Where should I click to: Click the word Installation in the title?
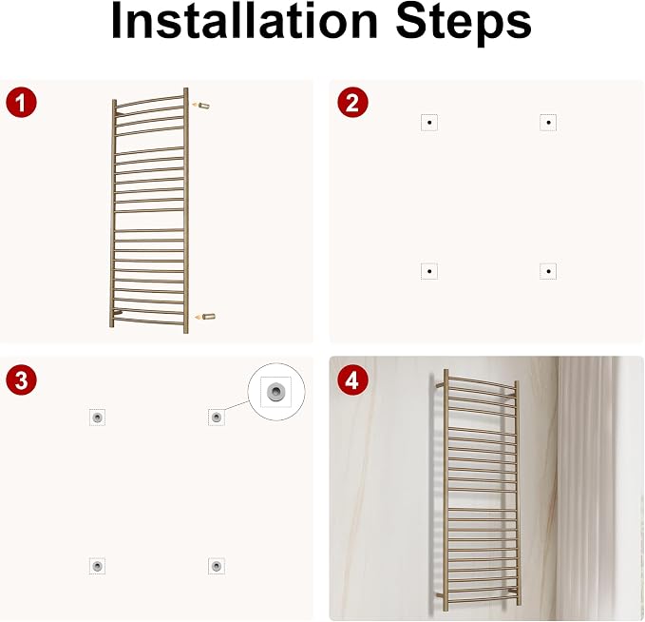coord(244,22)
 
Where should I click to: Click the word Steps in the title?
coord(464,24)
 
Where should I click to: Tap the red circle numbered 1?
coord(22,102)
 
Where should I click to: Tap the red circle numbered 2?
coord(352,102)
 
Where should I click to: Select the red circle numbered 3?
coord(22,380)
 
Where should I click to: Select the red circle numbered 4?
coord(352,380)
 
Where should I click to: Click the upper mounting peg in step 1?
coord(203,106)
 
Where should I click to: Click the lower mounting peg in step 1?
coord(209,317)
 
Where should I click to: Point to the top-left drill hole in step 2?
coord(429,123)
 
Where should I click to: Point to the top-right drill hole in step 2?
coord(548,123)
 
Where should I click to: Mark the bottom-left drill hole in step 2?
coord(429,271)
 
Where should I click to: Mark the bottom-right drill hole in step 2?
coord(548,271)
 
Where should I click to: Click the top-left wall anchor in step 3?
coord(98,418)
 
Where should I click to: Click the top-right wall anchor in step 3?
coord(217,418)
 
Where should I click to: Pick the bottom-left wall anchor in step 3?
coord(97,566)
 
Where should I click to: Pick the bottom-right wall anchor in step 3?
coord(217,566)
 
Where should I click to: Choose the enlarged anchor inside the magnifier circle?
coord(275,391)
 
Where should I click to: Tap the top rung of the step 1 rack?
coord(150,102)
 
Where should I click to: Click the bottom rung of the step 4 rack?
coord(482,602)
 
